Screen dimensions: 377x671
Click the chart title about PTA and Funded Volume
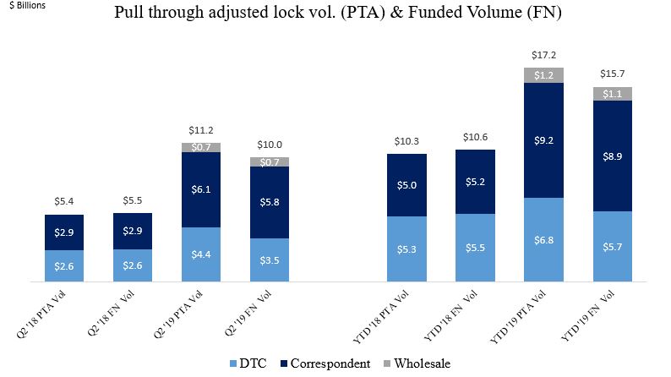336,14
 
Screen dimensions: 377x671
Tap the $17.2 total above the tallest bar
543,54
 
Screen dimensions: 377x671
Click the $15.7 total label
612,74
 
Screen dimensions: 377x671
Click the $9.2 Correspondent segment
543,139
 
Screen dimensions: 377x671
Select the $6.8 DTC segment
543,239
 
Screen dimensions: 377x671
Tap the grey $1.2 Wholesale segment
543,75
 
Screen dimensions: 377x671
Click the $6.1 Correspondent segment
201,189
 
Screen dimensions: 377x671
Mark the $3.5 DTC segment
270,260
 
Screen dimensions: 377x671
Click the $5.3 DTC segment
406,249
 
